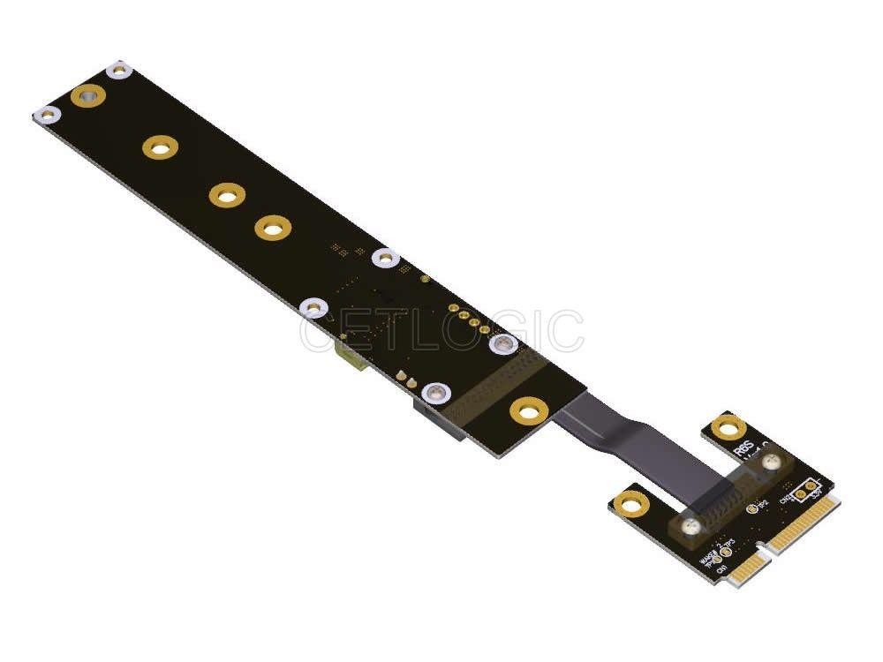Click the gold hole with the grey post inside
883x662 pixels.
tap(87, 95)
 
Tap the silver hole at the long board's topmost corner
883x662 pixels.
tap(117, 70)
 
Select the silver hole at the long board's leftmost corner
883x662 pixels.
tap(47, 115)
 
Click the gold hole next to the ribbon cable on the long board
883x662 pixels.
tap(528, 410)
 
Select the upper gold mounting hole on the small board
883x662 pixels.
tap(728, 428)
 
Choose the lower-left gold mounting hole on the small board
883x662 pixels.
tap(630, 504)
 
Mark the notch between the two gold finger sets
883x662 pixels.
tap(765, 553)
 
